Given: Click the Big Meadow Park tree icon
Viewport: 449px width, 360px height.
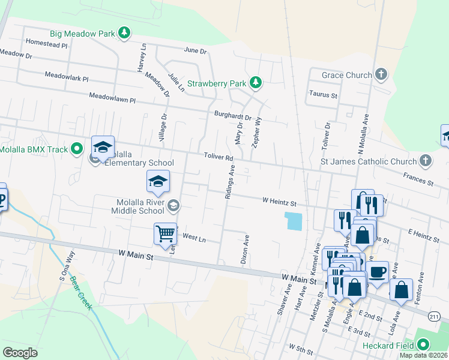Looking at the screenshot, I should [124, 32].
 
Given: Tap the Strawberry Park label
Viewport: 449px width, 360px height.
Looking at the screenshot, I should [217, 83].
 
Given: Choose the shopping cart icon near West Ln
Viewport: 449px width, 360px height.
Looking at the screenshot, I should [165, 233].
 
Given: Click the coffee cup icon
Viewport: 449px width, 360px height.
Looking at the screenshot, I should [378, 271].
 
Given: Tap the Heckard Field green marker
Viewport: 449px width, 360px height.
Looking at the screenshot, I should [424, 345].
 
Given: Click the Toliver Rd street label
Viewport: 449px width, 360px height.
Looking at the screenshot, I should [217, 157].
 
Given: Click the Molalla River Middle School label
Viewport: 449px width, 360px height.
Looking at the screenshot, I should [137, 206].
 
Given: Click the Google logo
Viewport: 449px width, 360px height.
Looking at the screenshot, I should [20, 352].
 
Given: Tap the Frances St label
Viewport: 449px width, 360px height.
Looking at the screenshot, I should [418, 179].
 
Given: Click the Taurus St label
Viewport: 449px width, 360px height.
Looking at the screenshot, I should [324, 95].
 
